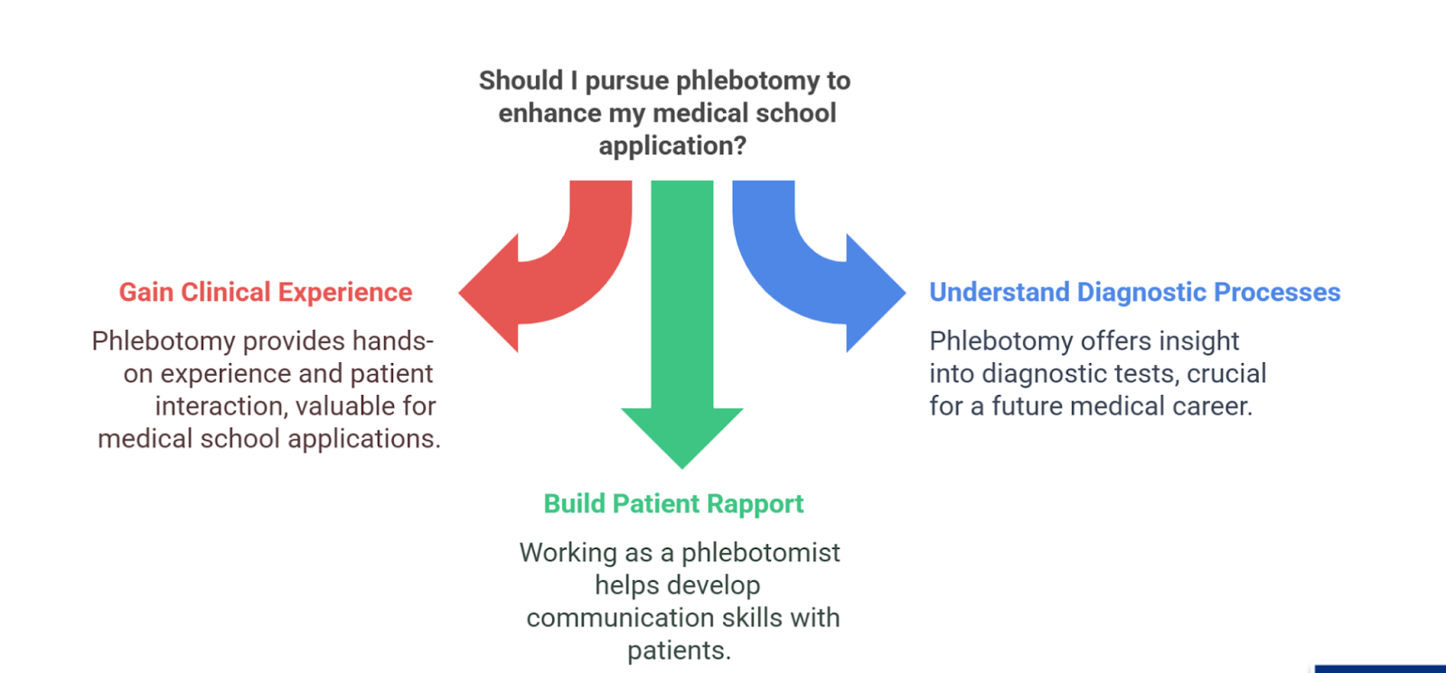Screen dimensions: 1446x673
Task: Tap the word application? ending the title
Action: (x=672, y=146)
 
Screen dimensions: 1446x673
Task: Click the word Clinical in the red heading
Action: (x=226, y=293)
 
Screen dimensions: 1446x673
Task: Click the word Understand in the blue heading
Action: (x=1000, y=293)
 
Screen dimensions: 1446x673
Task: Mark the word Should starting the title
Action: (x=521, y=81)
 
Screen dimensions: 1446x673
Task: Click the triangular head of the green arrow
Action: (x=682, y=434)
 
